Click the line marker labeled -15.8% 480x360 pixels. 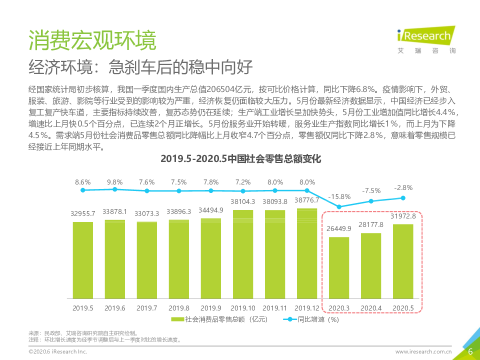(339, 206)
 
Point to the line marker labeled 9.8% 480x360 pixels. (114, 189)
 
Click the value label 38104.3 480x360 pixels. (243, 202)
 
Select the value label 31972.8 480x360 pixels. (403, 215)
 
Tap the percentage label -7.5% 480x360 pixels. (371, 190)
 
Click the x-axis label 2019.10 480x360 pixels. (243, 307)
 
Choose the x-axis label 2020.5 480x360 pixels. (403, 307)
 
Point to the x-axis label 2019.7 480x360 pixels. (147, 307)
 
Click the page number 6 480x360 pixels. (470, 351)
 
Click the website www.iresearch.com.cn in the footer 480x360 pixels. (423, 352)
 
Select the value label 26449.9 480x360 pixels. (339, 228)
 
